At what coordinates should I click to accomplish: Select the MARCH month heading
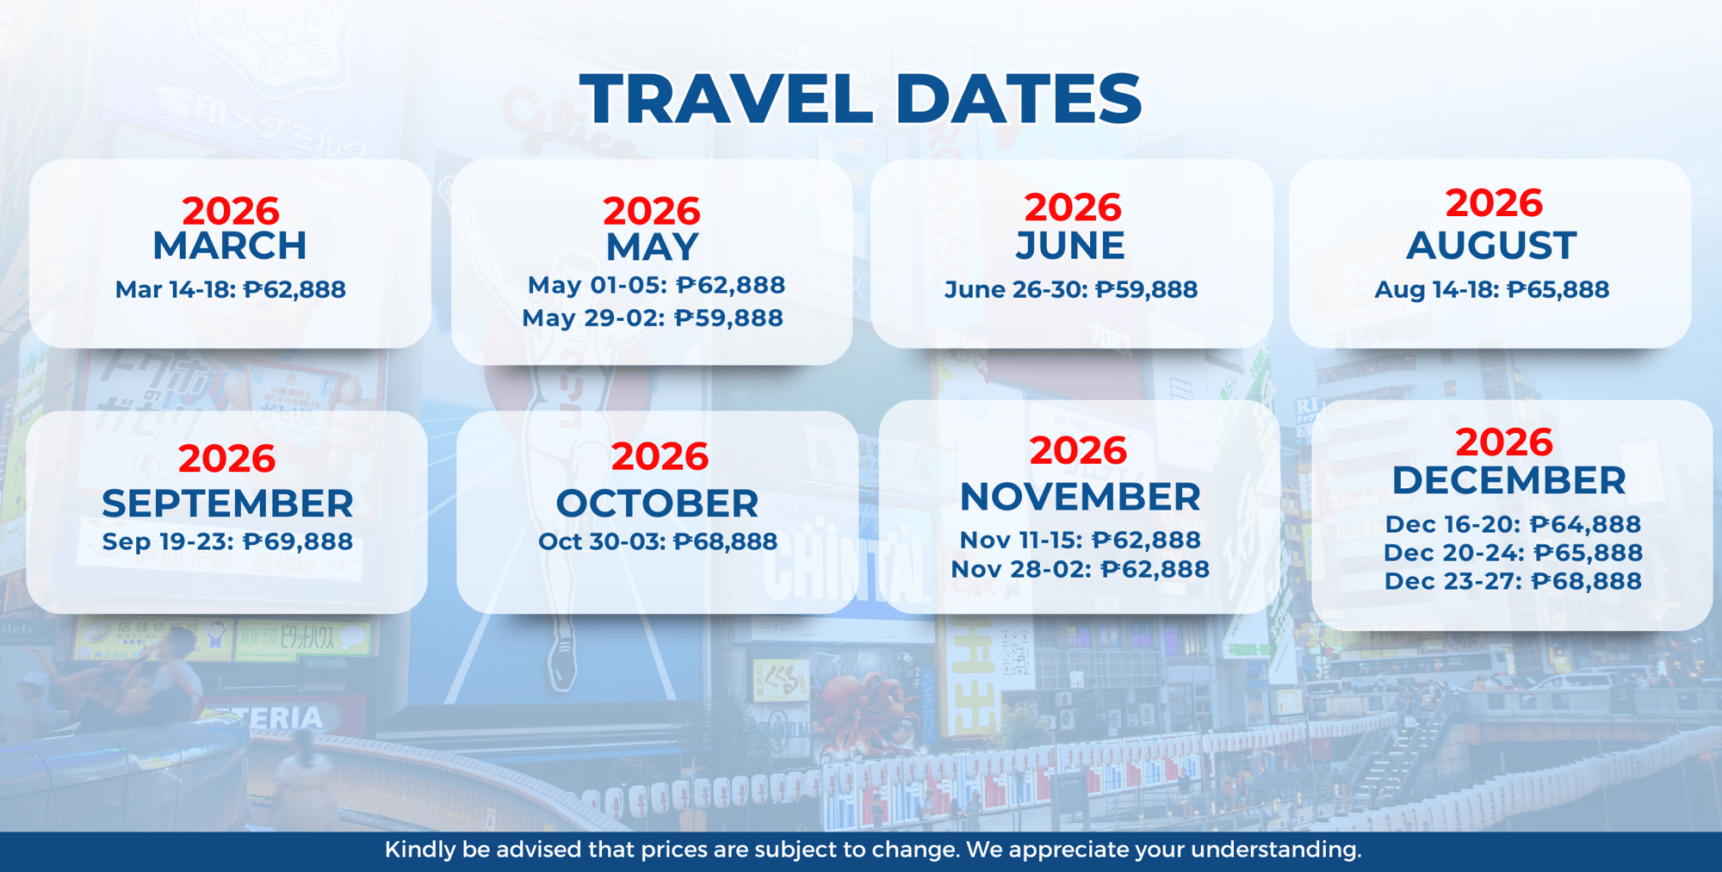230,246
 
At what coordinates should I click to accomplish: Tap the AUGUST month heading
1491,246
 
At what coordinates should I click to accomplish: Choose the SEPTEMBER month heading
227,504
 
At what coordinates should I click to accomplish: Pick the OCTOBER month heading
657,504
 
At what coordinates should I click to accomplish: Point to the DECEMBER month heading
1508,481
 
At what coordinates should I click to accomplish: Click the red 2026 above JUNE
1072,207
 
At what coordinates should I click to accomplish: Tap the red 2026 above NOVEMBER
1078,451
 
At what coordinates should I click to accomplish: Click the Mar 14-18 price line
230,290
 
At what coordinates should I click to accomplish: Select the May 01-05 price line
656,286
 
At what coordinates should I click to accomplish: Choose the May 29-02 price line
653,318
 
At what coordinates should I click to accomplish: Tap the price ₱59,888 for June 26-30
1146,290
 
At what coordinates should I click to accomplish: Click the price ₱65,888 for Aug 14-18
1558,290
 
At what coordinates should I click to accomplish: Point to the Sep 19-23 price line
227,542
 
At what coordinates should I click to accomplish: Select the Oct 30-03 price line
658,542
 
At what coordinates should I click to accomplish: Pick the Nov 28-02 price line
1080,570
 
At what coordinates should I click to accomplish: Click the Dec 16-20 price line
1513,524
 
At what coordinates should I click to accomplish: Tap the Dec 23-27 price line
1513,582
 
